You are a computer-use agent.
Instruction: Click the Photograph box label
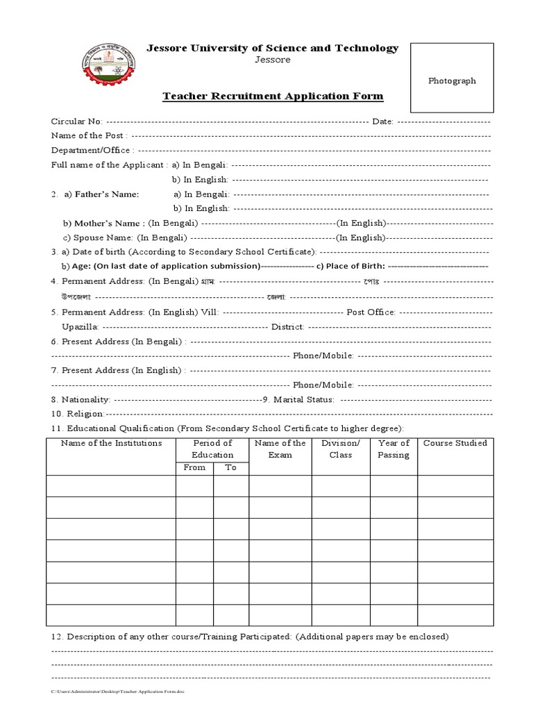452,81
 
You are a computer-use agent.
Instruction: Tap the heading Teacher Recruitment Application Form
273,96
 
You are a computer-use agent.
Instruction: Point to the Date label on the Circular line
383,122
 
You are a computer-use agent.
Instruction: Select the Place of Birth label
350,266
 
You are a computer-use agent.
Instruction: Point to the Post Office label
371,312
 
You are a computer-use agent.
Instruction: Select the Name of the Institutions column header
111,443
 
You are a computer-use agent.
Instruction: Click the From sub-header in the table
194,467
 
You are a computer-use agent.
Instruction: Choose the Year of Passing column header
394,449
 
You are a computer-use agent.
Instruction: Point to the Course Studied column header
455,443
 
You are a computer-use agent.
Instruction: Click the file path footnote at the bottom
118,692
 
